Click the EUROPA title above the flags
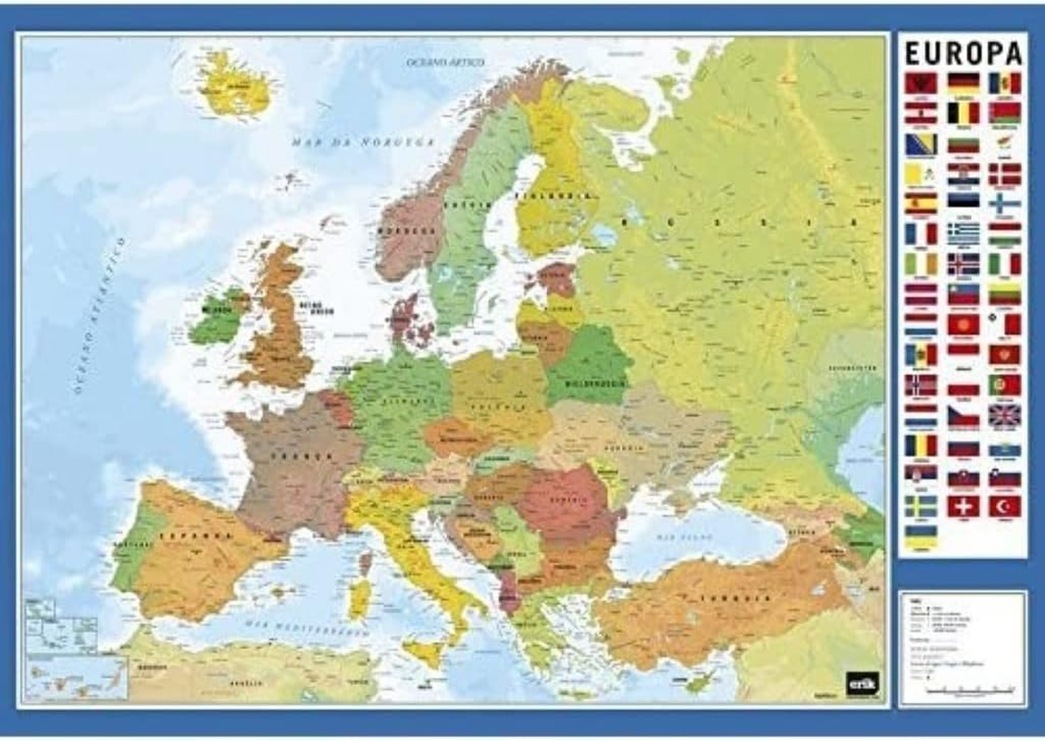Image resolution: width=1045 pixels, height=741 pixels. pos(963,52)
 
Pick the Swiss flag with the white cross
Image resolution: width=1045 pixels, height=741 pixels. pos(963,507)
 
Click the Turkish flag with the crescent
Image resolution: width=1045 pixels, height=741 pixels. pos(1004,507)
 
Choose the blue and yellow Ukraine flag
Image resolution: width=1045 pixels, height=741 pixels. pos(920,536)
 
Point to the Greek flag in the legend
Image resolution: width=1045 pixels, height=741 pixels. pos(963,233)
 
